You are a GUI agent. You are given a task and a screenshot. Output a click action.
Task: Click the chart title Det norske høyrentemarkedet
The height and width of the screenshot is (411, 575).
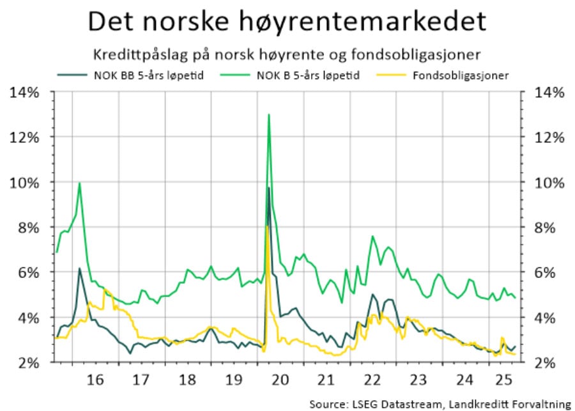(287, 21)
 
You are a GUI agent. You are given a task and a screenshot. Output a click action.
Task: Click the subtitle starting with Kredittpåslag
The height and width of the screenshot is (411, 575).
(287, 52)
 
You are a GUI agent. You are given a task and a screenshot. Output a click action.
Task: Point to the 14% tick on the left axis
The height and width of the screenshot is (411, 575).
(25, 93)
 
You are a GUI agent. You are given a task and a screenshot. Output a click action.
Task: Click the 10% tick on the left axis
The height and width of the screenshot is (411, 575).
(25, 183)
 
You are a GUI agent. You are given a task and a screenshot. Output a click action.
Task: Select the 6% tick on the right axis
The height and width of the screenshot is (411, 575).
(549, 273)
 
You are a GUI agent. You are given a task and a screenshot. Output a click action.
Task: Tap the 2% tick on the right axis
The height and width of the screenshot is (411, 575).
(549, 362)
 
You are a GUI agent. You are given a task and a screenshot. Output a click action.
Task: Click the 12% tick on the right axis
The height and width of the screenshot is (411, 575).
(549, 137)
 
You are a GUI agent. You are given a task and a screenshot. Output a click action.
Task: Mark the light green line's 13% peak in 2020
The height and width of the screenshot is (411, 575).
(269, 115)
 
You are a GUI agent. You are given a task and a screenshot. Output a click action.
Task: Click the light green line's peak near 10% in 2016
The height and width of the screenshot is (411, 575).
(79, 183)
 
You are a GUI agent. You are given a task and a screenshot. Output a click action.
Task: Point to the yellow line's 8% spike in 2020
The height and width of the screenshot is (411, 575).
(266, 227)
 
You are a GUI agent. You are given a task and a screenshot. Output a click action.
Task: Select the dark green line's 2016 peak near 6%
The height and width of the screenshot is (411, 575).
(79, 268)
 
